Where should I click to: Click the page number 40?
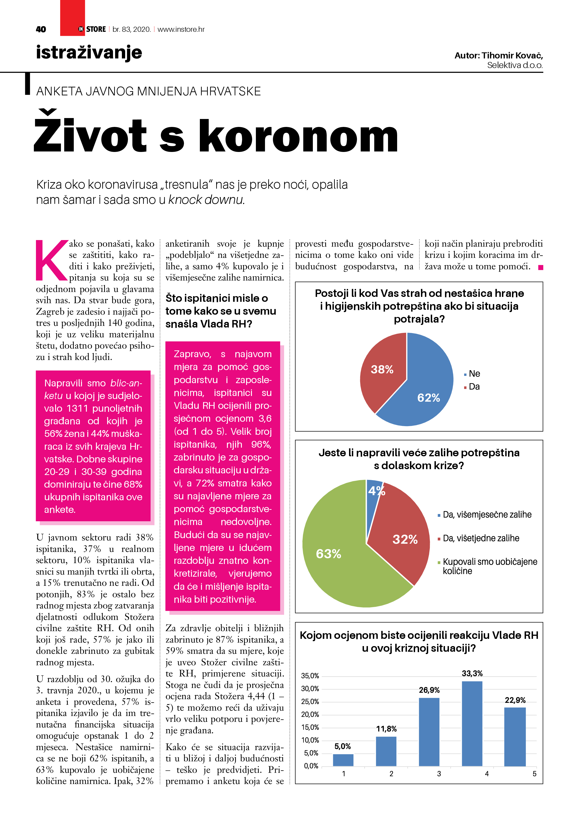pos(41,29)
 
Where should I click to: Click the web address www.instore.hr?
pos(181,29)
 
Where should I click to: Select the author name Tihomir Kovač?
pos(512,55)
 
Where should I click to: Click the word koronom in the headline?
pos(298,137)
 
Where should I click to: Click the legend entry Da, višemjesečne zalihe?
pos(487,515)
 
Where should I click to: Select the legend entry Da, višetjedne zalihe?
pos(481,538)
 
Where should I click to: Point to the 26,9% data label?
pos(429,690)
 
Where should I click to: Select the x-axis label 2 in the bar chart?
pos(391,773)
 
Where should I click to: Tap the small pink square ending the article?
pos(540,267)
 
